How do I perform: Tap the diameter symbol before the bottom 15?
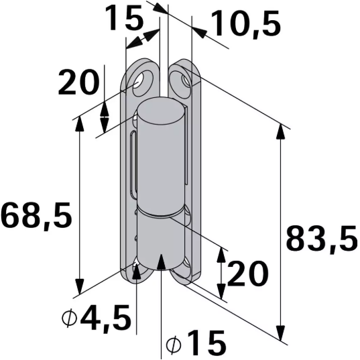pyautogui.click(x=173, y=345)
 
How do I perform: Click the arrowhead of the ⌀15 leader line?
pyautogui.click(x=161, y=259)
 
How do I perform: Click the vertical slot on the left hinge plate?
pyautogui.click(x=135, y=161)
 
